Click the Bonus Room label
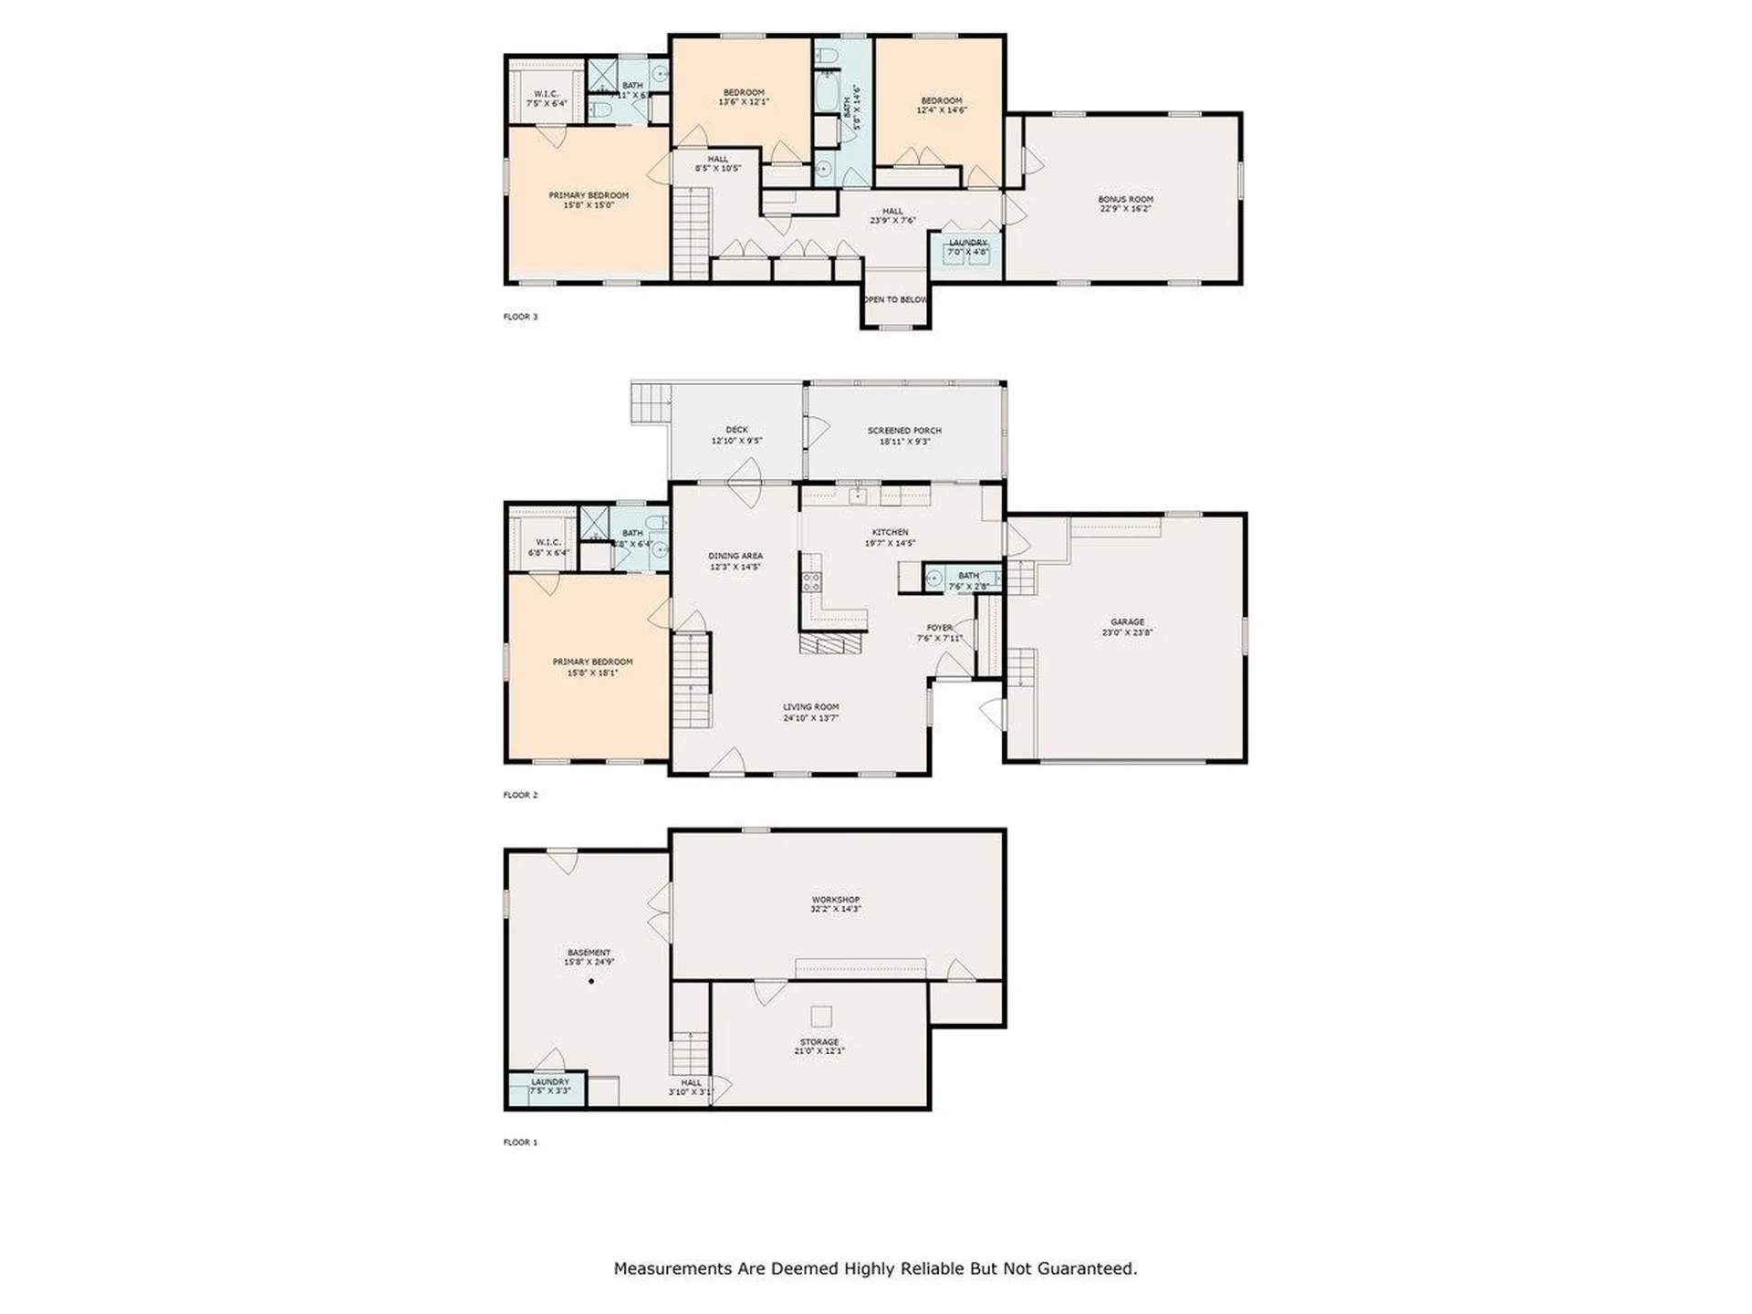click(1125, 199)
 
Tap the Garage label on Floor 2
click(1127, 622)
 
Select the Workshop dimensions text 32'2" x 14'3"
click(836, 910)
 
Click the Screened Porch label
click(904, 431)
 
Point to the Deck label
click(736, 430)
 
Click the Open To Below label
click(895, 299)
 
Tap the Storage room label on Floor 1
click(819, 1042)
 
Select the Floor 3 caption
click(520, 317)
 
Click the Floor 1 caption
click(520, 1142)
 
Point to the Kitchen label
click(890, 533)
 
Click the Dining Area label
click(735, 556)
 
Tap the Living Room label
click(810, 707)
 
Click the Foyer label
click(939, 628)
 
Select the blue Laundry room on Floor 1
click(547, 1090)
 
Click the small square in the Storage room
click(821, 1017)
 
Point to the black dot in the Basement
click(591, 982)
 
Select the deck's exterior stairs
click(651, 402)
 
